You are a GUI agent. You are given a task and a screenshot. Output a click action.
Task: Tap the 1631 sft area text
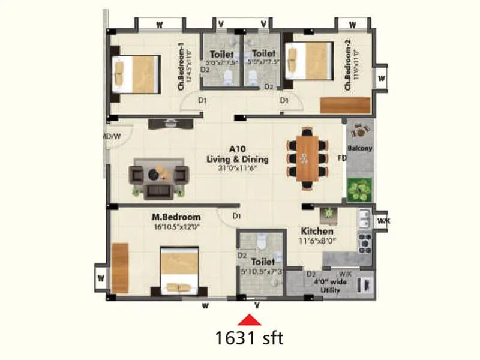pos(249,338)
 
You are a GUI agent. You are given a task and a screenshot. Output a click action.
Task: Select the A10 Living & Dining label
pos(237,155)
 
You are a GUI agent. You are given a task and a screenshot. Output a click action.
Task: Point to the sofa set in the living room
pos(159,178)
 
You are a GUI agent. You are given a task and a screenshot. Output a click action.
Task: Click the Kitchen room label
pos(317,231)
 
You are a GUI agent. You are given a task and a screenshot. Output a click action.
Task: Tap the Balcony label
pos(360,148)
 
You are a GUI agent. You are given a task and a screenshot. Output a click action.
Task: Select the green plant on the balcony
pos(360,190)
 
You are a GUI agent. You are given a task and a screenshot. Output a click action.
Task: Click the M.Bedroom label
pos(176,217)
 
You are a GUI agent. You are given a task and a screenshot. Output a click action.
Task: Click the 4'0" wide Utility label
pos(330,286)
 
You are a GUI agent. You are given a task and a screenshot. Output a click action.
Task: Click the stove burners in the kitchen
pos(364,242)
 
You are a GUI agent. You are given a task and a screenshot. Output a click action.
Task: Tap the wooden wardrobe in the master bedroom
pos(120,268)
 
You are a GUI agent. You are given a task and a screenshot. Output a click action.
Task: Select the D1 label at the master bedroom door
pos(236,216)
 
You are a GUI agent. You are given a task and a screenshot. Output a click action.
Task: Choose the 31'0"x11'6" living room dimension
pos(237,169)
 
